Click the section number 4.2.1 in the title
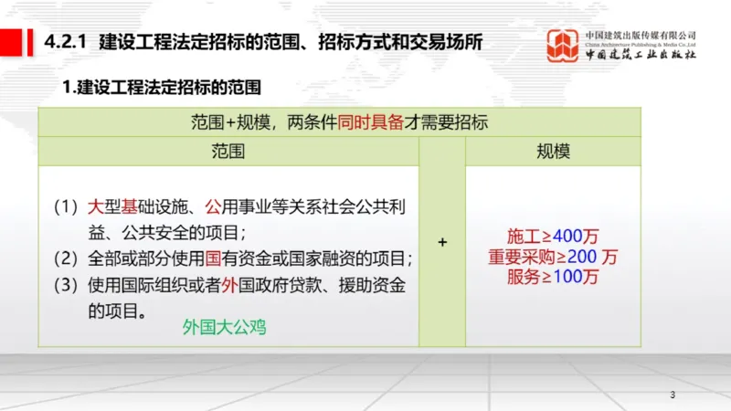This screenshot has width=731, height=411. tap(65, 42)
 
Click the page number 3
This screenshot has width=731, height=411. tap(673, 395)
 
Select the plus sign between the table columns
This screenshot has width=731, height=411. tap(442, 242)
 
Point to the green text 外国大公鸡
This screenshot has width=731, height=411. tap(224, 325)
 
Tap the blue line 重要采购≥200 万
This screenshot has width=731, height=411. tap(553, 256)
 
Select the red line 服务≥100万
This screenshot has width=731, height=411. tap(553, 275)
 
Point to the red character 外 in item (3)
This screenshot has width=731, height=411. tap(228, 285)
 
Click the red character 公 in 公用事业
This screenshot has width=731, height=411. tap(215, 206)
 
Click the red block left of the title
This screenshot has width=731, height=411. tap(13, 42)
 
